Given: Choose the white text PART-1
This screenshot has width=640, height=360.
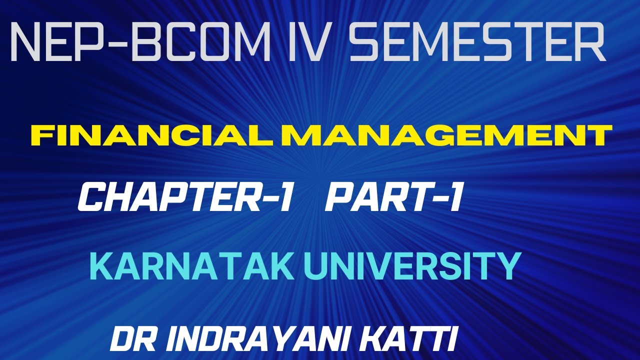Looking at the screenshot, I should (x=392, y=197).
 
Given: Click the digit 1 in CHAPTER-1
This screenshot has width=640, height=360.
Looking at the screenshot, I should (x=283, y=197).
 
